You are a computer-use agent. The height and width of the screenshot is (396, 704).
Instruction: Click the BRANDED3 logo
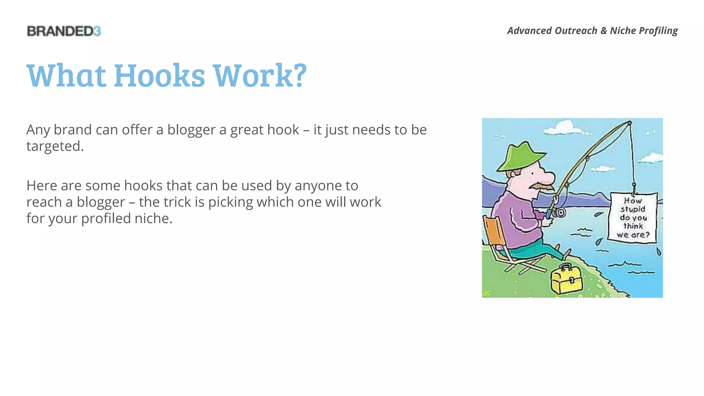[x=64, y=31]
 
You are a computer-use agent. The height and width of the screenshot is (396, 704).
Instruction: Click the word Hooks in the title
[x=159, y=76]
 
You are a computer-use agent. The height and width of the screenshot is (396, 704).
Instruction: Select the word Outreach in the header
[x=576, y=31]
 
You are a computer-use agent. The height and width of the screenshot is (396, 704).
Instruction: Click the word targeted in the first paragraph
[x=55, y=146]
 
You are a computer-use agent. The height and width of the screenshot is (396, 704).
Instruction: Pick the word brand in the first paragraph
[x=73, y=130]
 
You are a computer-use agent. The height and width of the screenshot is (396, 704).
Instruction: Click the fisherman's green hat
[x=521, y=156]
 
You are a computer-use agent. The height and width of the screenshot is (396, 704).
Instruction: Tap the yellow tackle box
[x=566, y=279]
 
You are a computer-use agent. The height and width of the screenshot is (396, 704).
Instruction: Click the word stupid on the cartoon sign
[x=633, y=209]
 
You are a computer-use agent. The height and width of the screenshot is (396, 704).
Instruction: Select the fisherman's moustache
[x=542, y=186]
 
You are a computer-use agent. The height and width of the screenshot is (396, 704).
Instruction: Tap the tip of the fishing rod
[x=630, y=123]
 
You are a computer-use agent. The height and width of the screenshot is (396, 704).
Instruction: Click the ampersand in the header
[x=604, y=31]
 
